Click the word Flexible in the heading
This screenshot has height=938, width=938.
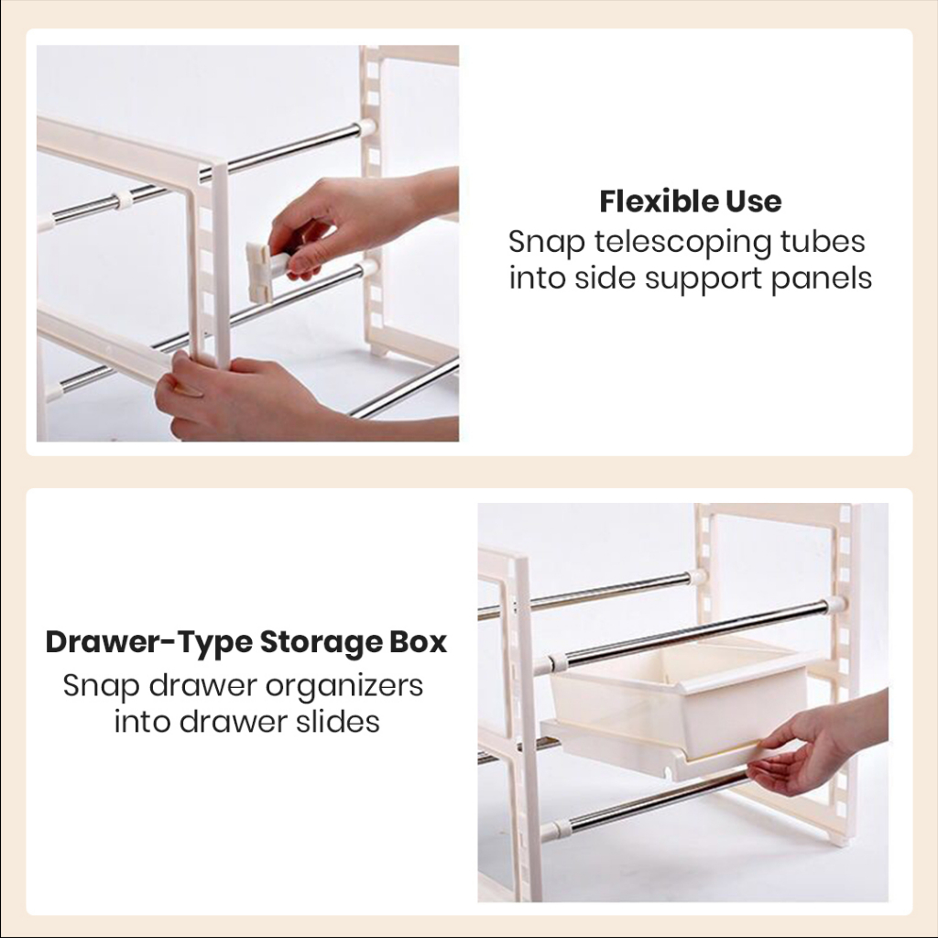coord(658,201)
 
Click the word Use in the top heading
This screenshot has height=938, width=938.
coord(754,201)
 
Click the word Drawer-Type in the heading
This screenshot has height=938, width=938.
coord(149,643)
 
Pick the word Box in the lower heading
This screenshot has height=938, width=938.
coord(419,642)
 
